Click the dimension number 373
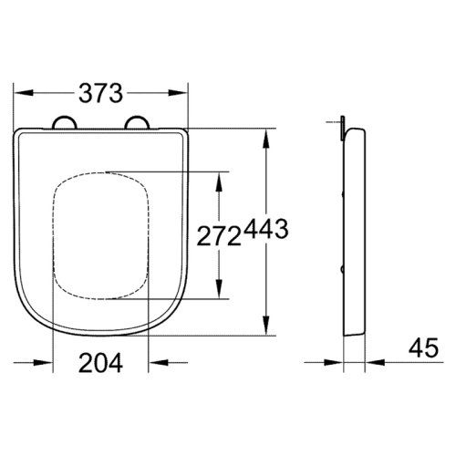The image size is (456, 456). [99, 92]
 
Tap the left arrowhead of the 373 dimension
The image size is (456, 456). [23, 92]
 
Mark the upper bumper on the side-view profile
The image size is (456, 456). [341, 193]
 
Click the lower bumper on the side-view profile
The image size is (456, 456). [341, 271]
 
